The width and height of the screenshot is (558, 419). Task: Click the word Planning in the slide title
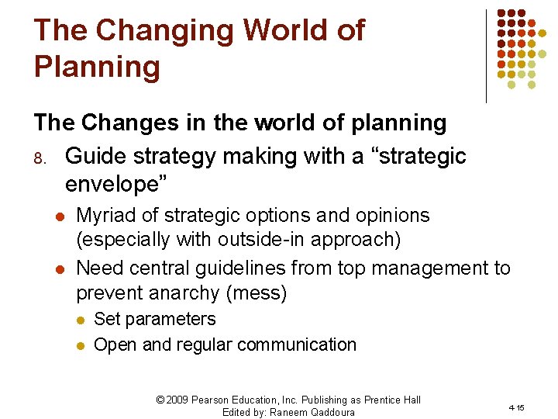pos(97,67)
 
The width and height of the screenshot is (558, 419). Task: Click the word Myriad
pos(107,216)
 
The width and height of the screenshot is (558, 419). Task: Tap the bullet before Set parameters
pos(80,320)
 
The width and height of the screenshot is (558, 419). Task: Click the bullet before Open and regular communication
pos(80,345)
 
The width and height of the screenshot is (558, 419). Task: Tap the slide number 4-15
pos(516,407)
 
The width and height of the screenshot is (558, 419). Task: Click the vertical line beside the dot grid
pos(486,56)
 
